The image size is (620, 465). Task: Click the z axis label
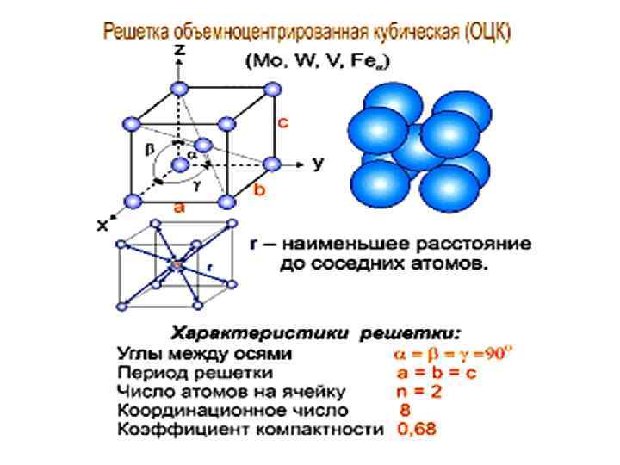coord(179,51)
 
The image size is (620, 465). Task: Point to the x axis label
coord(102,226)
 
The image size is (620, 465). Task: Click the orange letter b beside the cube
coord(257,190)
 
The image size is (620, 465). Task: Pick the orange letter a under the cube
coord(179,207)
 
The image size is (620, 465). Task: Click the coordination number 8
coord(403,411)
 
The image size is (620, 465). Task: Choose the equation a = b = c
coord(437,374)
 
